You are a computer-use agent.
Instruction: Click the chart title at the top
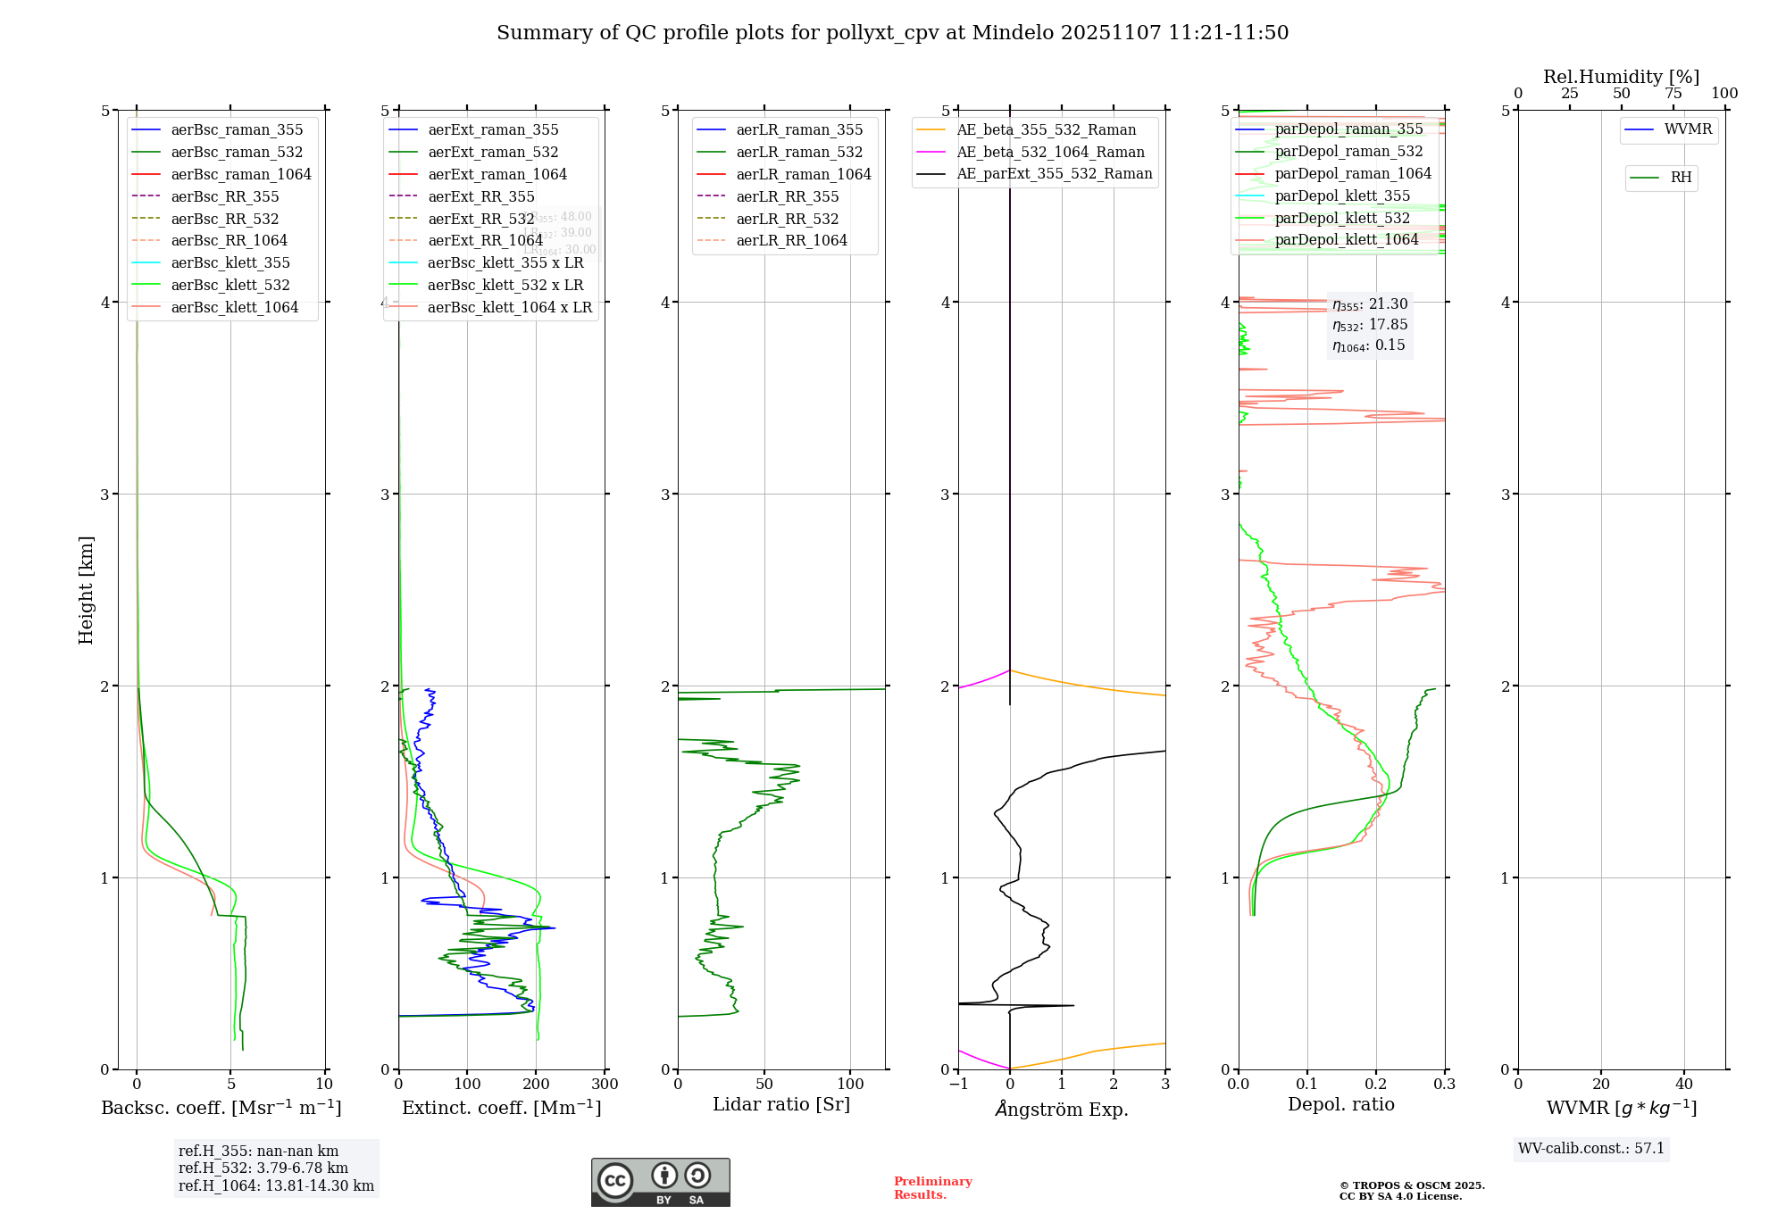tap(892, 33)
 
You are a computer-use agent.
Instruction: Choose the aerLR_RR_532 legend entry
tap(787, 219)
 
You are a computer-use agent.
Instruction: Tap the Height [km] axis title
tap(86, 590)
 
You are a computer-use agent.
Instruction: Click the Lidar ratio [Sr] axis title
tap(781, 1105)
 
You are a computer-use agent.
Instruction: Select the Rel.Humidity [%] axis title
tap(1621, 77)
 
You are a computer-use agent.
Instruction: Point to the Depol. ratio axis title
tap(1340, 1105)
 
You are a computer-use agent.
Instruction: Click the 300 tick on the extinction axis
tap(605, 1085)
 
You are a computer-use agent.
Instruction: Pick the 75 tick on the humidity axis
tap(1673, 94)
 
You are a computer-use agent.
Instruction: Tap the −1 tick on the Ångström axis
tap(958, 1085)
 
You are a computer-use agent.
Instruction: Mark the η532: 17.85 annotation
tap(1370, 325)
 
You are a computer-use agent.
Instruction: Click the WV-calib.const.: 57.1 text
tap(1591, 1149)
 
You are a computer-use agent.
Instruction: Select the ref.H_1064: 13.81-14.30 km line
tap(276, 1186)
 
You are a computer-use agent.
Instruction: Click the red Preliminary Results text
tap(932, 1188)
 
